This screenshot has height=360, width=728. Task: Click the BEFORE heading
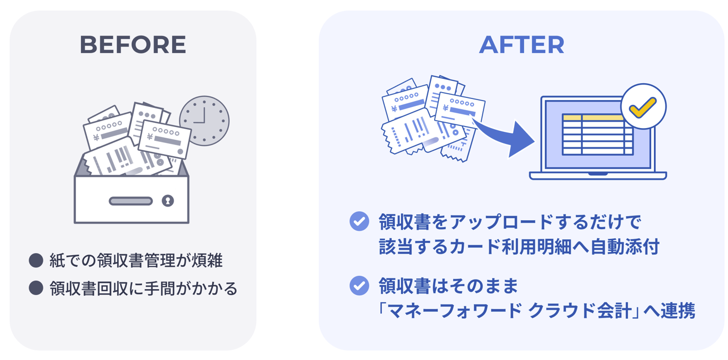click(133, 45)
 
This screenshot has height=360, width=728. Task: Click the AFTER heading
click(522, 45)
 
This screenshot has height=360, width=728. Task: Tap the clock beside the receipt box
click(204, 121)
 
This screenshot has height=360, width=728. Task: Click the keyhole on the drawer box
click(168, 201)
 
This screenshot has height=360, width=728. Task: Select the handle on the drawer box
click(131, 201)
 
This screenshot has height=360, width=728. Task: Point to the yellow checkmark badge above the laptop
click(643, 106)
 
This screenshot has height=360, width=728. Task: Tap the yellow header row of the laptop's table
click(593, 118)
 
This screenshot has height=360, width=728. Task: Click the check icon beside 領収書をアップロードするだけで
click(359, 221)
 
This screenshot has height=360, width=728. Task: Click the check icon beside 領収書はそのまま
click(359, 286)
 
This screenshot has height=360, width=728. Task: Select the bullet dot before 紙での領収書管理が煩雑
click(36, 260)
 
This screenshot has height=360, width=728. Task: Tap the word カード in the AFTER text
click(480, 247)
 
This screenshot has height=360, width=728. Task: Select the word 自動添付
click(625, 247)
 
